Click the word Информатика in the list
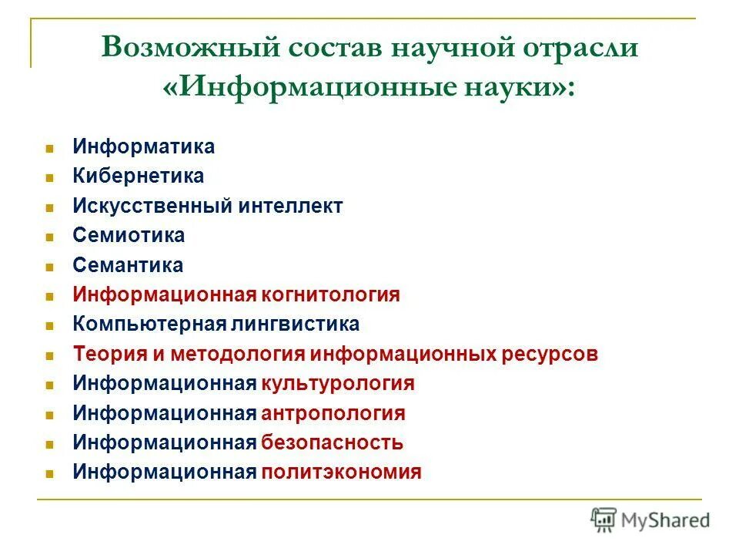[x=144, y=146]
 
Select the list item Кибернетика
[x=139, y=177]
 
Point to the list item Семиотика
[x=129, y=236]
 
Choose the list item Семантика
[x=128, y=265]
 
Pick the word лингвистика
[x=296, y=325]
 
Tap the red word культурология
[x=338, y=384]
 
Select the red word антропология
[x=333, y=413]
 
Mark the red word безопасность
[x=332, y=443]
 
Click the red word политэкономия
[x=341, y=473]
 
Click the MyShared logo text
[x=667, y=520]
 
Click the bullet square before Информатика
[x=49, y=147]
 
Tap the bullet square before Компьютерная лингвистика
[x=49, y=325]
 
